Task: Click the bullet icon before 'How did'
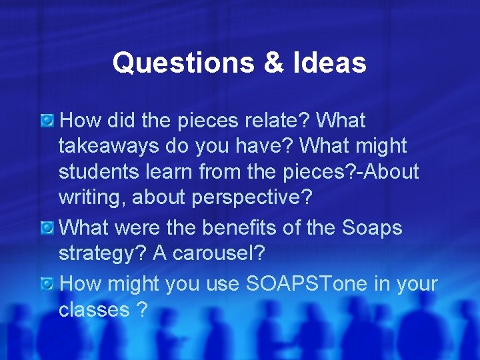pos(47,121)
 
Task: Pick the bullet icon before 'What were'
pos(47,228)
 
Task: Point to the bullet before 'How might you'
pos(47,284)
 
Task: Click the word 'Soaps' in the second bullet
pos(372,228)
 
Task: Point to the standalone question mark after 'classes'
pos(141,309)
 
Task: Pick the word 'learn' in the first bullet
pos(173,171)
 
